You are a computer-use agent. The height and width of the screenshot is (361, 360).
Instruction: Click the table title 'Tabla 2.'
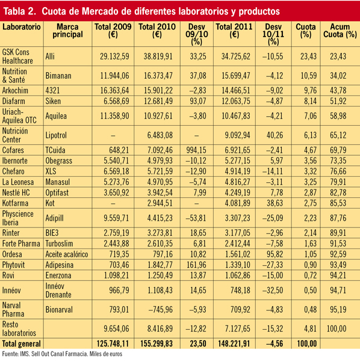20,11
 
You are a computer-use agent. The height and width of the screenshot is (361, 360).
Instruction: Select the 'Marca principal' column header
67,31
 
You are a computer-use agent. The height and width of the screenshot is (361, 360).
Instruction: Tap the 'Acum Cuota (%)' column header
340,31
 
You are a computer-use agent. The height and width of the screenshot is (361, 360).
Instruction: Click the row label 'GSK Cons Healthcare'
17,57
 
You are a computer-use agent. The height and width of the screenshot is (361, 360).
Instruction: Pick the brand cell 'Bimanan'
58,76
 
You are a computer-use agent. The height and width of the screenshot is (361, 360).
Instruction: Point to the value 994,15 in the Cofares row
196,150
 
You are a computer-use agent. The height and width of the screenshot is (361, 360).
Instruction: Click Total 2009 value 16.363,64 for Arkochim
114,90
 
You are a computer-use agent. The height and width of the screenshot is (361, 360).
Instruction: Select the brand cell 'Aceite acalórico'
67,255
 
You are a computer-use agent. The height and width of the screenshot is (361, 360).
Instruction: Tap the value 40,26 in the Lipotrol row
275,135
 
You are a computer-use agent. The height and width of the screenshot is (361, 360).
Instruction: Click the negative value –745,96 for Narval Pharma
160,310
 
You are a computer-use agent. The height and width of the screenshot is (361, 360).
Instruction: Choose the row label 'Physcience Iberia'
17,218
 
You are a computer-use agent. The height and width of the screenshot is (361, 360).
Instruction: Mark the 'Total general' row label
21,344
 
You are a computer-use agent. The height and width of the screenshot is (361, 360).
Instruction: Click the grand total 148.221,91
234,344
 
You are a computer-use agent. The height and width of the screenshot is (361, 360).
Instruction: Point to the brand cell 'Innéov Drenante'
58,291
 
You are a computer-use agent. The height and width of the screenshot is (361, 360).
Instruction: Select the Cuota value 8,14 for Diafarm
310,101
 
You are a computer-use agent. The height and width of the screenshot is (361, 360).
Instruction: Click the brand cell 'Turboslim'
59,244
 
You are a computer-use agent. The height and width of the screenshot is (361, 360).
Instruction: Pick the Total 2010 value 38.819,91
158,57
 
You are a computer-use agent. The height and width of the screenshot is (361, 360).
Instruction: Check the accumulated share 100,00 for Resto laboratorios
337,329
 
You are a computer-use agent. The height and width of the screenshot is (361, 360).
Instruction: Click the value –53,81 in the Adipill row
196,218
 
